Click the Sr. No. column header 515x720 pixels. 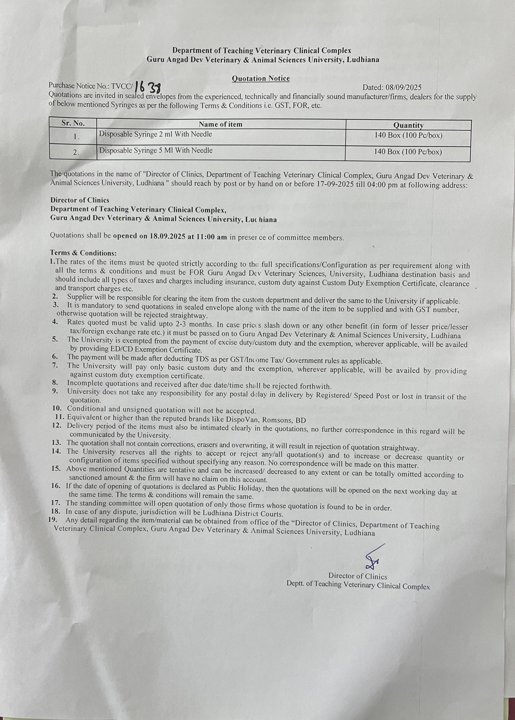pyautogui.click(x=73, y=123)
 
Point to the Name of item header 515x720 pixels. pyautogui.click(x=221, y=124)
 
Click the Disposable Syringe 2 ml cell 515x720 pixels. pyautogui.click(x=155, y=134)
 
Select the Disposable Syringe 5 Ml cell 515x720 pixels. pyautogui.click(x=156, y=150)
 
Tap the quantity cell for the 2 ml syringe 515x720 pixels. pyautogui.click(x=408, y=136)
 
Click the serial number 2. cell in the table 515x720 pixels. pyautogui.click(x=76, y=152)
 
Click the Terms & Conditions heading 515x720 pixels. pyautogui.click(x=83, y=253)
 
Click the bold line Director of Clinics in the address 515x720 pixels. pyautogui.click(x=80, y=200)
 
